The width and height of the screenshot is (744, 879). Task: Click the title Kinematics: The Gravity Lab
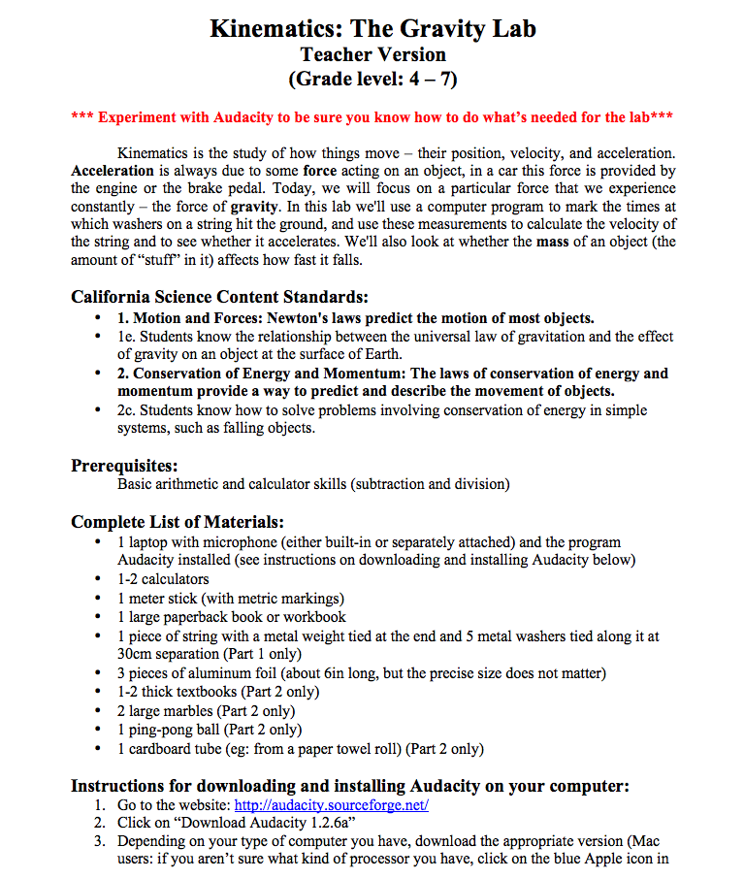pos(372,28)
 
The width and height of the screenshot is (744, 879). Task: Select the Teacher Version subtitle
pos(372,54)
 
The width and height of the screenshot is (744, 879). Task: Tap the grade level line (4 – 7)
pos(372,79)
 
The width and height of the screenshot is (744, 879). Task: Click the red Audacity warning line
pos(372,117)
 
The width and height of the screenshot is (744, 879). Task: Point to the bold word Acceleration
pos(113,171)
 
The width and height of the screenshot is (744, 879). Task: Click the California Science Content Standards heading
pos(219,296)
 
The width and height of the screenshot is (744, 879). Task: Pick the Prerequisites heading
pos(124,466)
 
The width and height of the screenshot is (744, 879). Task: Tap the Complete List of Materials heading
pos(178,522)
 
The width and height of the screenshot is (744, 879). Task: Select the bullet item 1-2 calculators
pos(163,579)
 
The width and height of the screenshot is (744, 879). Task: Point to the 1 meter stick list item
pos(230,599)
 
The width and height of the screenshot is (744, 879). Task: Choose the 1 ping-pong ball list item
pos(209,730)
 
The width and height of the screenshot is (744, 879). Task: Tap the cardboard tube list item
pos(300,749)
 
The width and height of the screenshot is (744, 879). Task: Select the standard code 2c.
pos(125,410)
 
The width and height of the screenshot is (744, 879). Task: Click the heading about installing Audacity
pos(350,785)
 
